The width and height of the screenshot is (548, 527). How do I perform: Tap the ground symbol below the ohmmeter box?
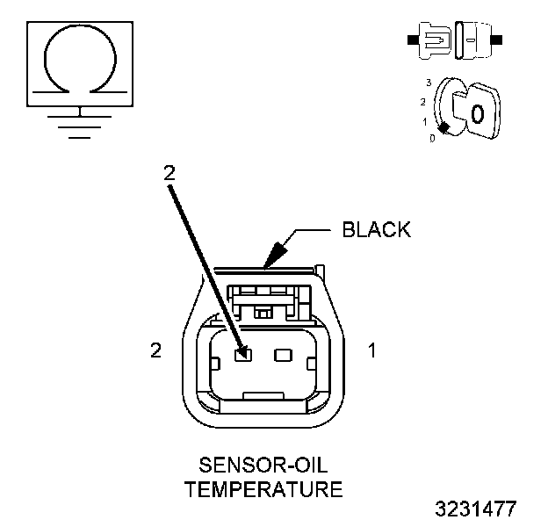click(x=81, y=122)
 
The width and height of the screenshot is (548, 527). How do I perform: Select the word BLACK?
click(x=376, y=230)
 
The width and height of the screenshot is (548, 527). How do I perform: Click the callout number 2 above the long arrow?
click(x=169, y=173)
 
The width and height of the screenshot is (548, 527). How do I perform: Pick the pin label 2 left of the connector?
click(x=155, y=350)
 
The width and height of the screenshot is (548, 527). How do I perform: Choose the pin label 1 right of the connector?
click(x=371, y=350)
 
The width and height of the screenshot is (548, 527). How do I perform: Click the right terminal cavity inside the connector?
click(x=283, y=356)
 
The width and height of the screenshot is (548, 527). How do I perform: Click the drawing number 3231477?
click(x=476, y=509)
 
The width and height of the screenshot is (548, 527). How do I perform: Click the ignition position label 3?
click(x=427, y=82)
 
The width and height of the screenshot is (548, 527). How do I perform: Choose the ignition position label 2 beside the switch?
click(x=422, y=102)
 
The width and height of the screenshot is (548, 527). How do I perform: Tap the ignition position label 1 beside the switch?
click(x=424, y=121)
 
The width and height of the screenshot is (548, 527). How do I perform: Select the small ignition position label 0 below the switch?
click(x=432, y=139)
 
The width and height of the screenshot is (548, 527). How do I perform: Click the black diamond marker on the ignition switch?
click(x=444, y=128)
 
